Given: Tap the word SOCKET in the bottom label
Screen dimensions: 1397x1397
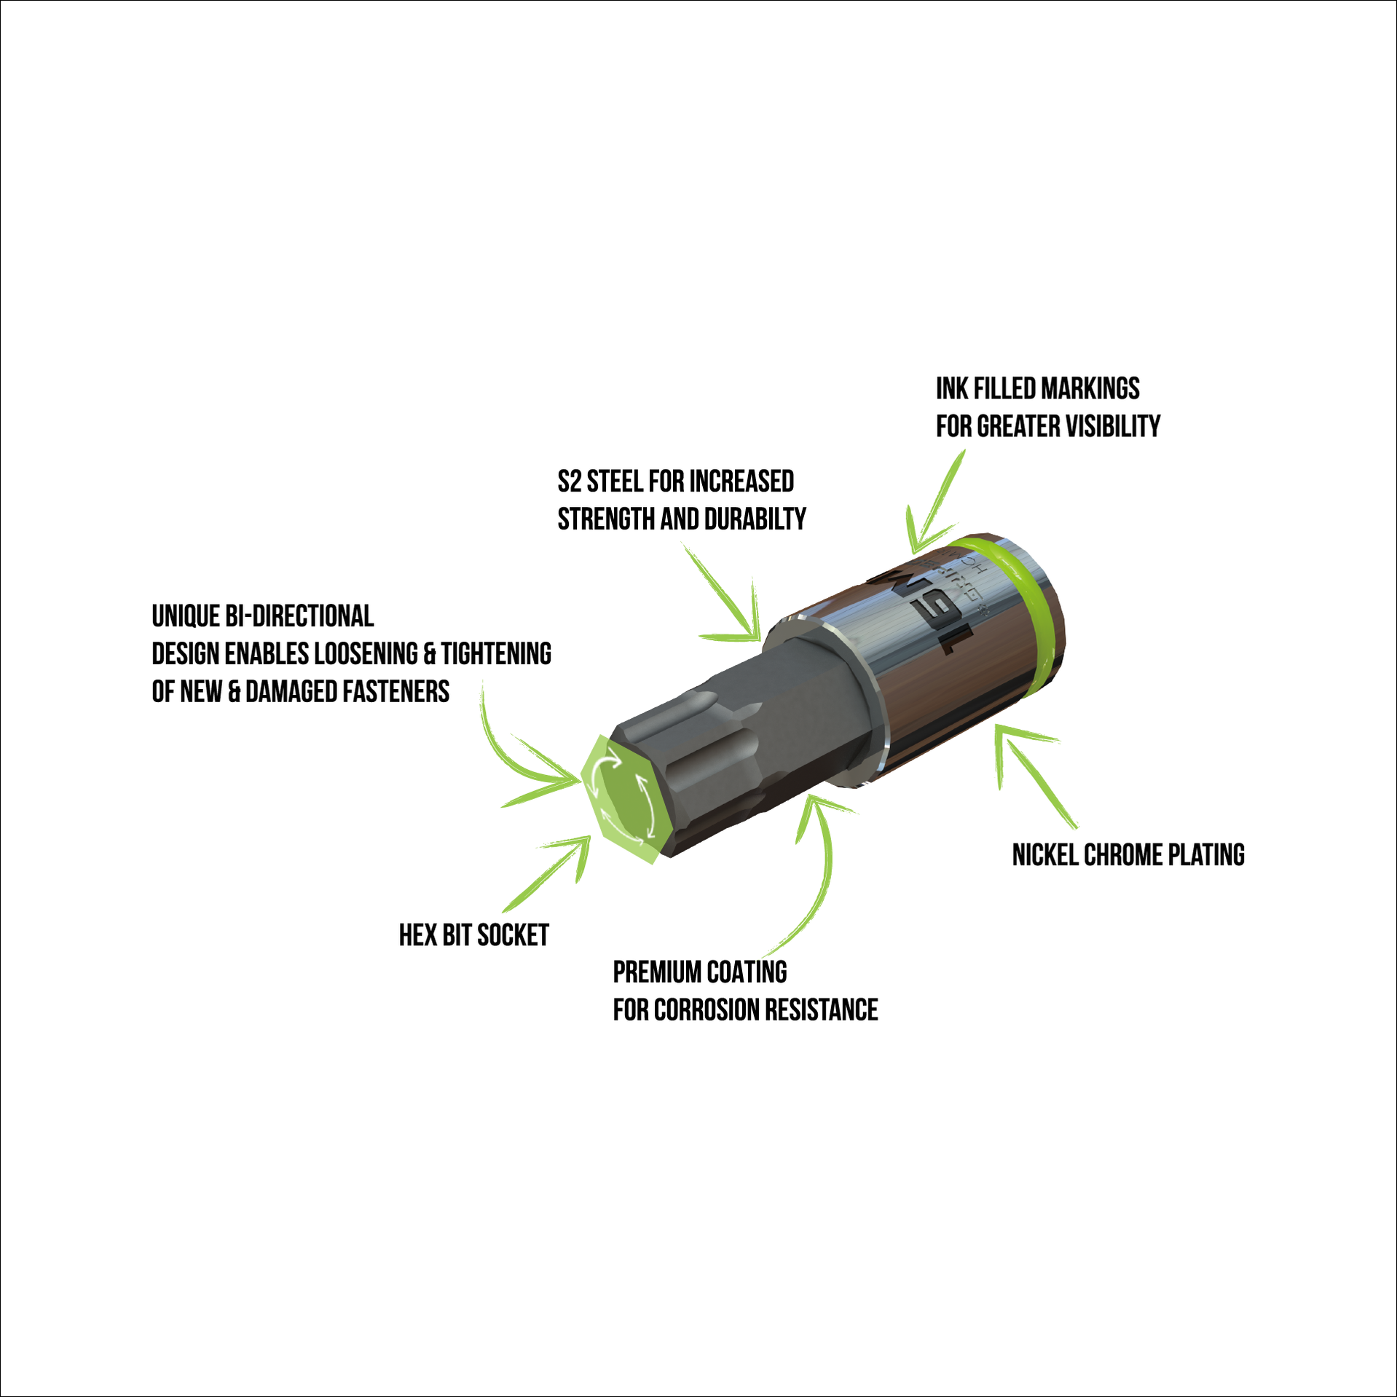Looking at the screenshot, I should pyautogui.click(x=513, y=935).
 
